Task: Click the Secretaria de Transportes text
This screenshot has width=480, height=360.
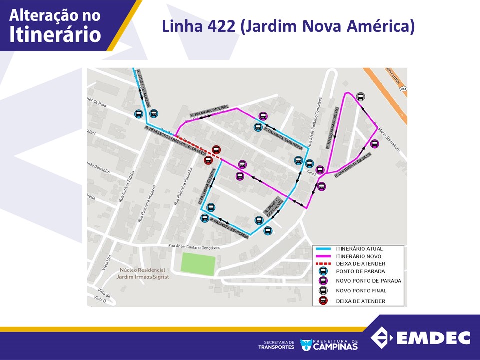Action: tap(276, 344)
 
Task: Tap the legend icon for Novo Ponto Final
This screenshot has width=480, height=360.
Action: tap(323, 291)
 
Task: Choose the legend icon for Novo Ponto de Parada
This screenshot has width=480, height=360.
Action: tap(323, 281)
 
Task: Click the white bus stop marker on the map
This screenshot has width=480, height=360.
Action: tap(360, 97)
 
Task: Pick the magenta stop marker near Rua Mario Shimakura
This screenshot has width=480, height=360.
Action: tap(374, 144)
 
